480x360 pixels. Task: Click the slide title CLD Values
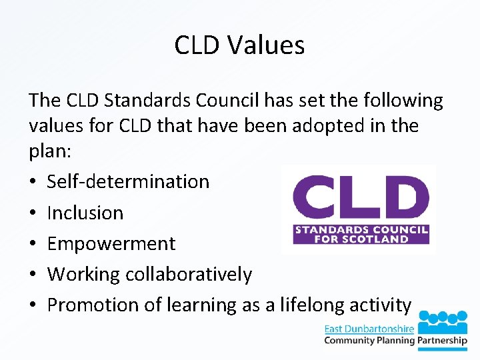click(x=239, y=45)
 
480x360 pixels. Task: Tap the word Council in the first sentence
click(x=229, y=101)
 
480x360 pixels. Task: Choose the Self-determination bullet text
click(x=128, y=181)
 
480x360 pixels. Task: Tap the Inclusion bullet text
click(x=85, y=213)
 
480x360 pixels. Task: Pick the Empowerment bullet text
click(x=111, y=243)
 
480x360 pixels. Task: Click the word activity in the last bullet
click(x=383, y=305)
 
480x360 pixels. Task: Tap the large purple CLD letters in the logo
click(x=361, y=200)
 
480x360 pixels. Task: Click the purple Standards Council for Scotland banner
click(x=361, y=235)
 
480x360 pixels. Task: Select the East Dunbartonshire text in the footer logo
click(x=369, y=329)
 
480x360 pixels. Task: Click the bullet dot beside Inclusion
click(x=33, y=213)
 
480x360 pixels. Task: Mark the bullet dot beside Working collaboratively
click(x=33, y=275)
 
